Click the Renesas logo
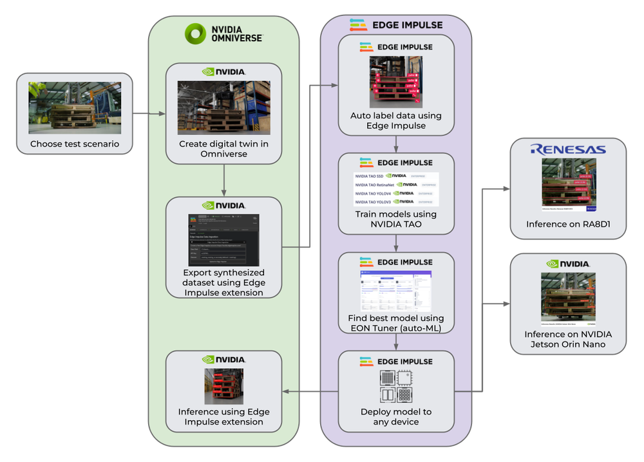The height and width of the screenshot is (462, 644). coord(568,149)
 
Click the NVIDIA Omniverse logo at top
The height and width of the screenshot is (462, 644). coord(223,33)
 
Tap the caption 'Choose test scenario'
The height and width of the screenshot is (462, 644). coord(75,143)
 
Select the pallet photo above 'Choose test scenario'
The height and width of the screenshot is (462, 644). coord(75,107)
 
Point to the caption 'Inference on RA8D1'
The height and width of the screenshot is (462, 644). coord(568,224)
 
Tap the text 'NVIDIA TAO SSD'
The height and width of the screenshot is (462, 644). coord(370,175)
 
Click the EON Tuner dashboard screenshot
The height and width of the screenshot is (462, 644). coord(396,292)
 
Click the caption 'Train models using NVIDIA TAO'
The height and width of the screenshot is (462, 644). coord(396,219)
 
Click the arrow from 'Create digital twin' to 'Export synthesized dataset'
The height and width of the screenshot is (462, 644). coord(223,180)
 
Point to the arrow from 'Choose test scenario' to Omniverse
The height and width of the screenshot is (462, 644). coord(149,115)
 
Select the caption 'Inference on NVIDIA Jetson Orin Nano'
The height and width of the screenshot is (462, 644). coord(568,339)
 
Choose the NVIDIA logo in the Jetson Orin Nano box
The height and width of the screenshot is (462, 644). coord(568,264)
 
